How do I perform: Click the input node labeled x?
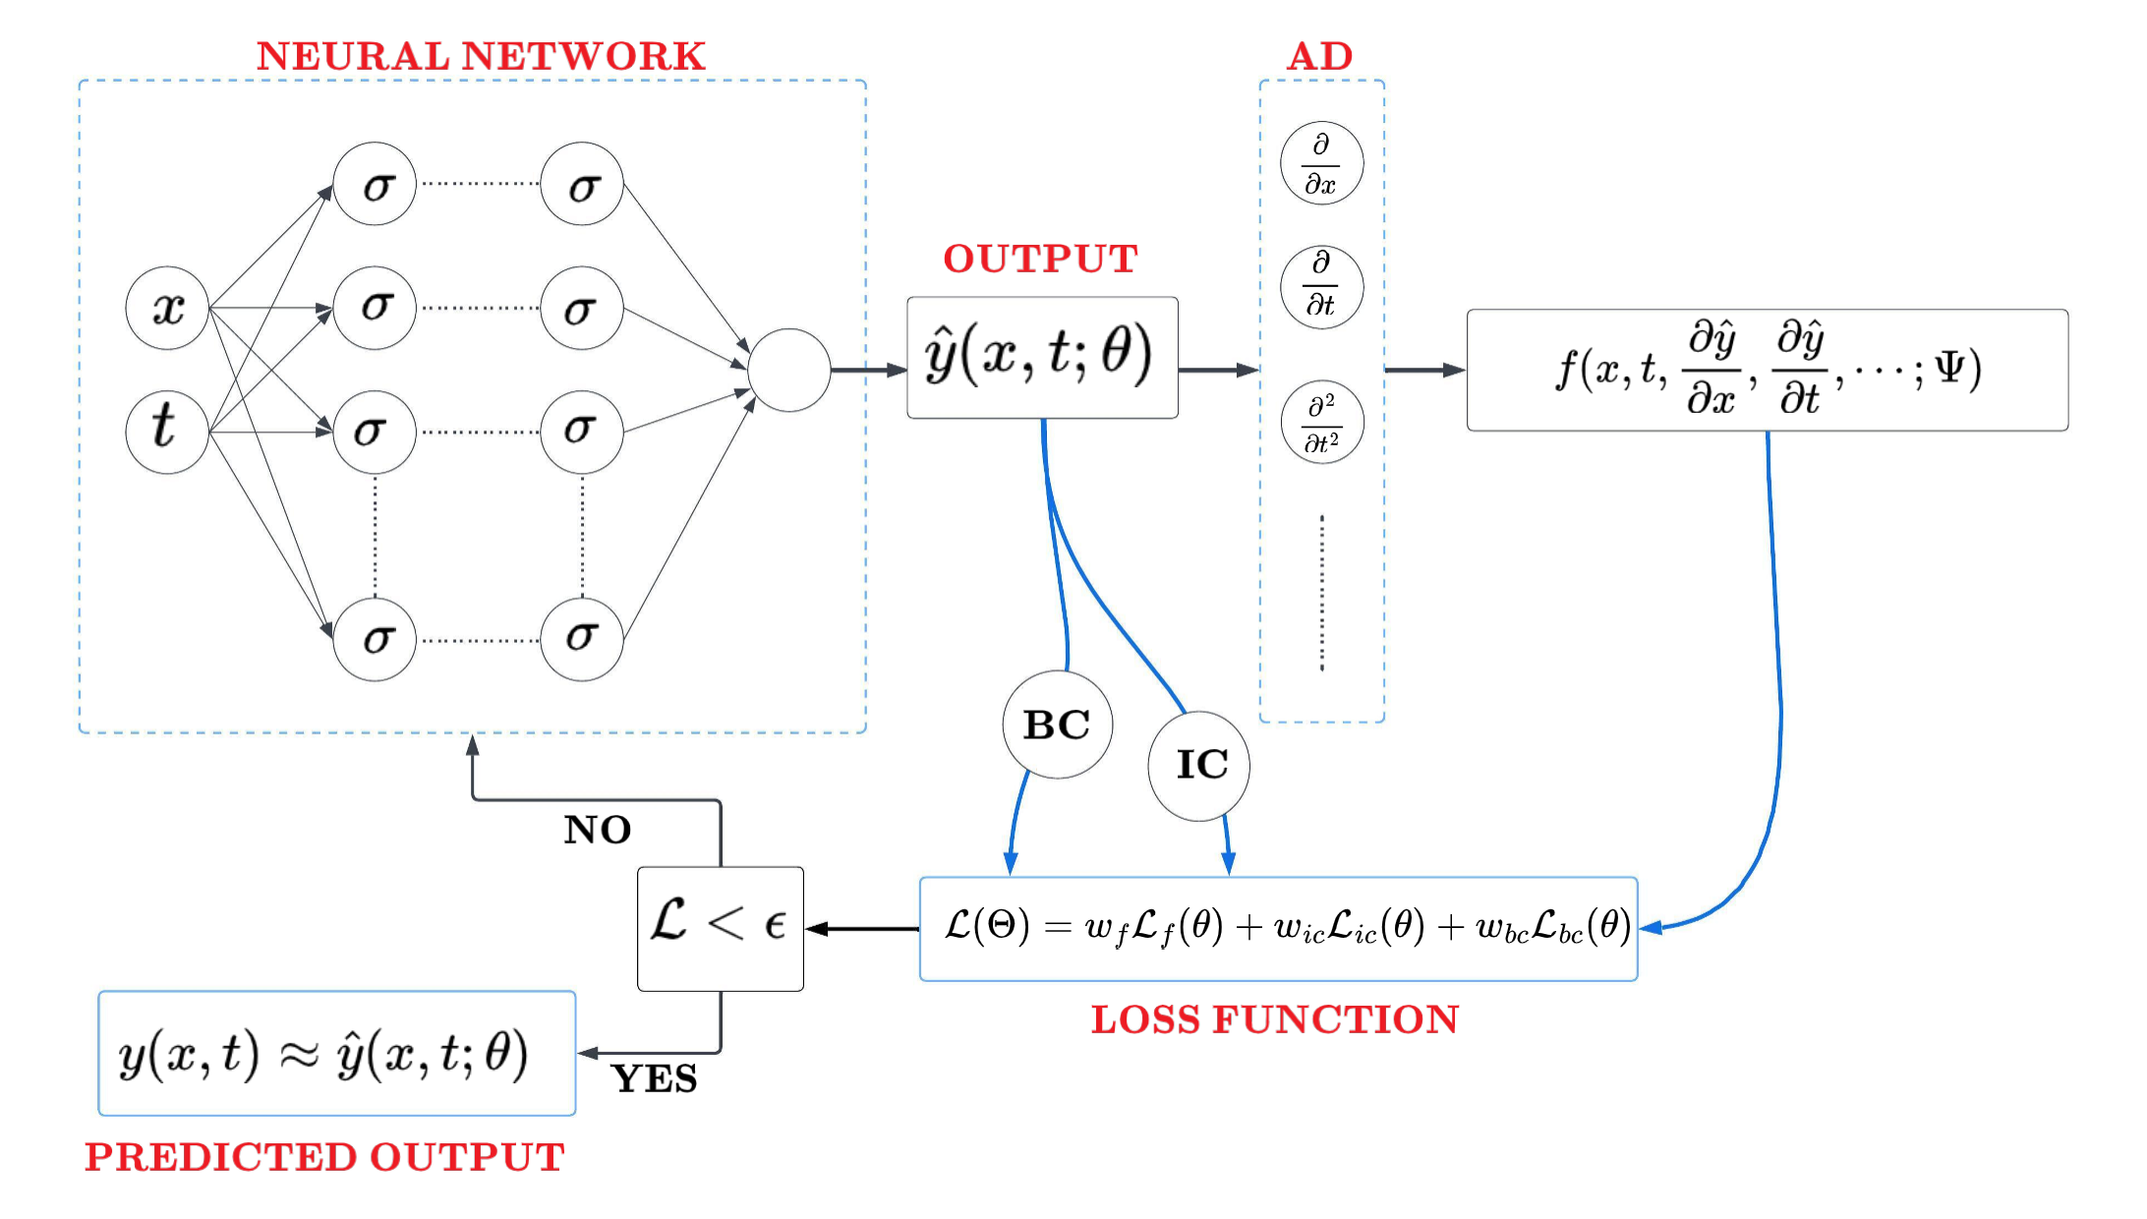pos(167,308)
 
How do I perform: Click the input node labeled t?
pos(167,432)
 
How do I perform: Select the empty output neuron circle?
pos(788,370)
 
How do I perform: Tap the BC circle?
pos(1057,725)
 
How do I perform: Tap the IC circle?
pos(1199,765)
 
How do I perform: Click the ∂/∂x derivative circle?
pos(1321,163)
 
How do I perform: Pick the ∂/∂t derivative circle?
pos(1321,287)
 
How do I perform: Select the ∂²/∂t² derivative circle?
pos(1322,423)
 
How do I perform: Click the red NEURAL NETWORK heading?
pos(481,56)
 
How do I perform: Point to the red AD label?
pos(1320,56)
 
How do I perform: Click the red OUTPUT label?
pos(1040,259)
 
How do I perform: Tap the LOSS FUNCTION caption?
pos(1275,1019)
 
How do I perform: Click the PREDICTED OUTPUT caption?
pos(324,1157)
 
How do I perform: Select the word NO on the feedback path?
pos(598,830)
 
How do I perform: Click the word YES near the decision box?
pos(654,1079)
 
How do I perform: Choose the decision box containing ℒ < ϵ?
pos(721,928)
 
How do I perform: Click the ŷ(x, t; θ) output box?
pos(1042,358)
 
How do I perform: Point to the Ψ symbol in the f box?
pos(1949,368)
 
